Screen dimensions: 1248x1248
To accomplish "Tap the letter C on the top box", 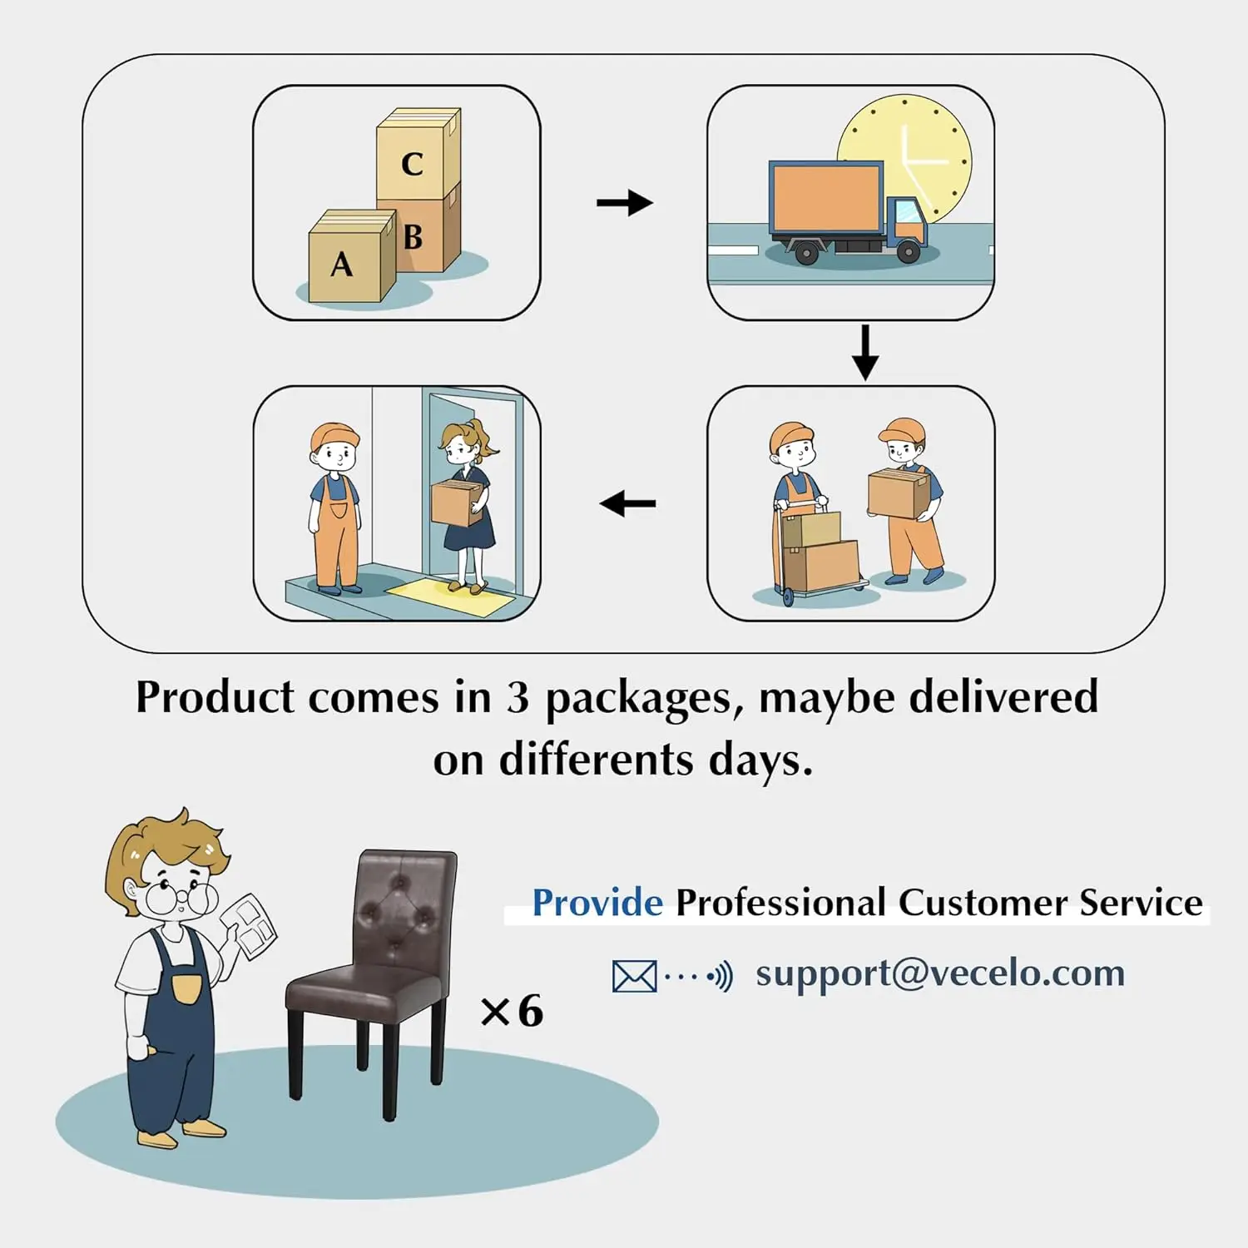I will (x=412, y=164).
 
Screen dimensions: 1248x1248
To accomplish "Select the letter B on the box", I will (x=414, y=237).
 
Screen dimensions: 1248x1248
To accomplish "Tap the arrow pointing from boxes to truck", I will (x=625, y=202).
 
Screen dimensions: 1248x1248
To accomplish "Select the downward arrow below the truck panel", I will (x=865, y=352).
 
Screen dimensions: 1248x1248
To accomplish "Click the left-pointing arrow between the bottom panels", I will (x=627, y=503).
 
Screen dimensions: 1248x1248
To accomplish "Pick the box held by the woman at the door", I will (x=455, y=503).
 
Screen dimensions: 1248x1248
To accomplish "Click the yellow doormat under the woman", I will (x=449, y=597).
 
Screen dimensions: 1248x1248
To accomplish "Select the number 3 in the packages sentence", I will (x=518, y=697).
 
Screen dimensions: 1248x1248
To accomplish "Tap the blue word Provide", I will (x=597, y=903).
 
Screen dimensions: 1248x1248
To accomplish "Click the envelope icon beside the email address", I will (x=634, y=976).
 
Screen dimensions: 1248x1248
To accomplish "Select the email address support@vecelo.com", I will (x=940, y=973).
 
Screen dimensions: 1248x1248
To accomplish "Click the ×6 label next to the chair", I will (x=512, y=1011).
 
